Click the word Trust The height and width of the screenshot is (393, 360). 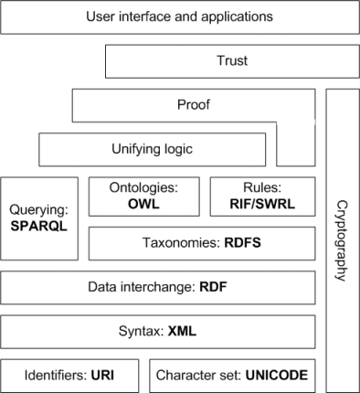tap(232, 61)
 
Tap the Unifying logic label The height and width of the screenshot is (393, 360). tap(152, 148)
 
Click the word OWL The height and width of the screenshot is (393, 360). tap(144, 204)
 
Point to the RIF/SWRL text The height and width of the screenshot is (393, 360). tap(263, 204)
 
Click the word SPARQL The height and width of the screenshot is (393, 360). tap(39, 225)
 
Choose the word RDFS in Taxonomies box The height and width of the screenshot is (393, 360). tap(243, 244)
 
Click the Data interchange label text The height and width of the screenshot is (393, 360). tap(139, 287)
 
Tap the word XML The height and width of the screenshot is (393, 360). tap(182, 330)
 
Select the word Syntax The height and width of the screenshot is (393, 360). tap(142, 330)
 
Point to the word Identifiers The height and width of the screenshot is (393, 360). tap(55, 374)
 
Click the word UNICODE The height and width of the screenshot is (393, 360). tap(271, 374)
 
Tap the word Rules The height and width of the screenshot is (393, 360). tap(263, 187)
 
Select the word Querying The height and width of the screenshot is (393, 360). tap(39, 210)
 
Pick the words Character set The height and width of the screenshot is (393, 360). tap(196, 374)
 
